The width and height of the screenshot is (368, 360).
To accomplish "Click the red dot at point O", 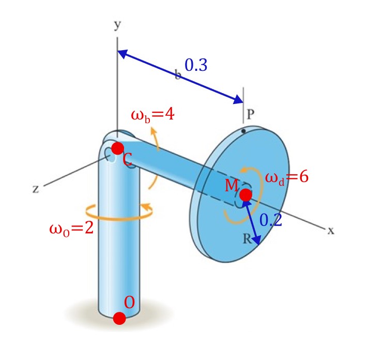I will point(119,318).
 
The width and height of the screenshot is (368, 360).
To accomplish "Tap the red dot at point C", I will point(118,148).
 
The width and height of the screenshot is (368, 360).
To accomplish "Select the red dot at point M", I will point(246,195).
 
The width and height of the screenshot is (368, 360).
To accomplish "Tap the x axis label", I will point(331,231).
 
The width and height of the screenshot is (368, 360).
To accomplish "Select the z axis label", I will point(36,189).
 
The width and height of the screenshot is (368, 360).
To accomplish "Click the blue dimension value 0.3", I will point(196,65).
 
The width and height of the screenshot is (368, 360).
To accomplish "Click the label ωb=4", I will point(152,114).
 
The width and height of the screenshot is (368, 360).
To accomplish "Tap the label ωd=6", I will point(286,177).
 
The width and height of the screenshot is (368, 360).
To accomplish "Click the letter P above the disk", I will point(250,115).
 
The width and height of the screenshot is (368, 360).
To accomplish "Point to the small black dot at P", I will point(243,131).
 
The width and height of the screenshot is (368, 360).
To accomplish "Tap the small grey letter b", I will point(178,76).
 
